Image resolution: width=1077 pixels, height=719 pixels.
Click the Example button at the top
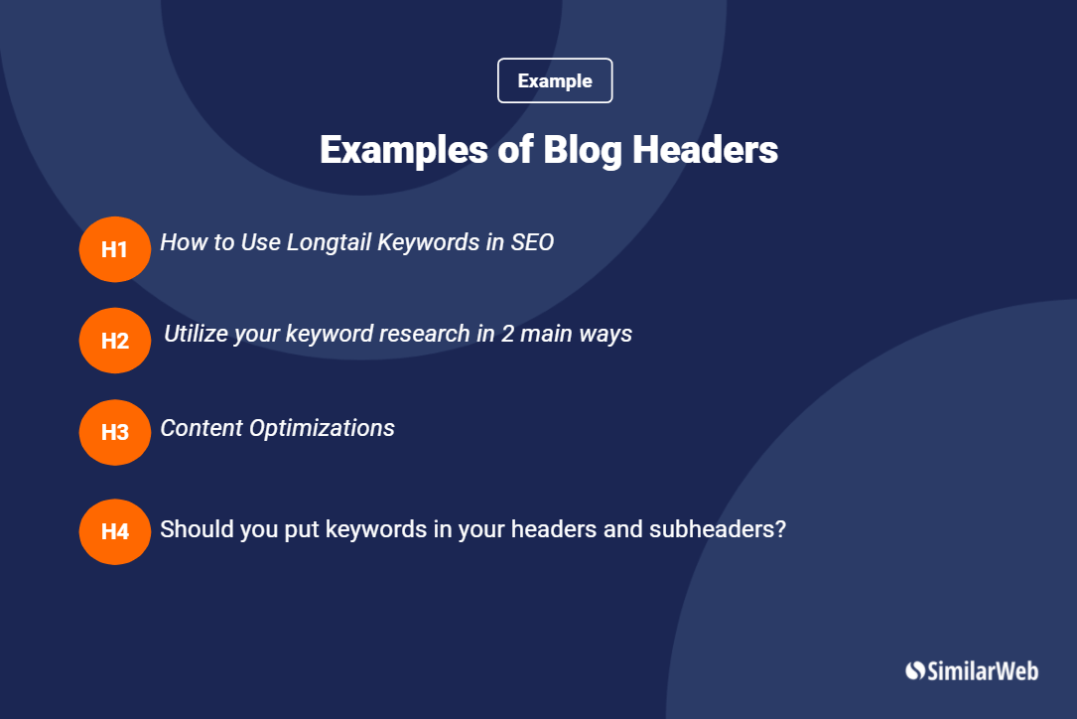point(555,81)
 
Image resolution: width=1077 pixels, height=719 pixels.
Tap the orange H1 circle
point(115,249)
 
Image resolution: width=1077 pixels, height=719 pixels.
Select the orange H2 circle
point(115,341)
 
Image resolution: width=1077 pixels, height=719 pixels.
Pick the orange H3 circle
point(115,432)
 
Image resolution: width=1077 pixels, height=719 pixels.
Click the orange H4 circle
point(115,531)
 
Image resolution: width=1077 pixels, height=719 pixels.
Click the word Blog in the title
point(582,150)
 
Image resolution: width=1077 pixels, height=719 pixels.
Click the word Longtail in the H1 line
point(329,242)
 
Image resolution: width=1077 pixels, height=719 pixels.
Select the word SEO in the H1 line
point(532,242)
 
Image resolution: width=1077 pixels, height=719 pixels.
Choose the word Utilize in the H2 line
point(196,334)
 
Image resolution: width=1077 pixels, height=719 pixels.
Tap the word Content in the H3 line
point(202,428)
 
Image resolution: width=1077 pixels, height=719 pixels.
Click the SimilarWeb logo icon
point(915,671)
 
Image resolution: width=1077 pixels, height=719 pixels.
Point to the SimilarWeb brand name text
point(983,671)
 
